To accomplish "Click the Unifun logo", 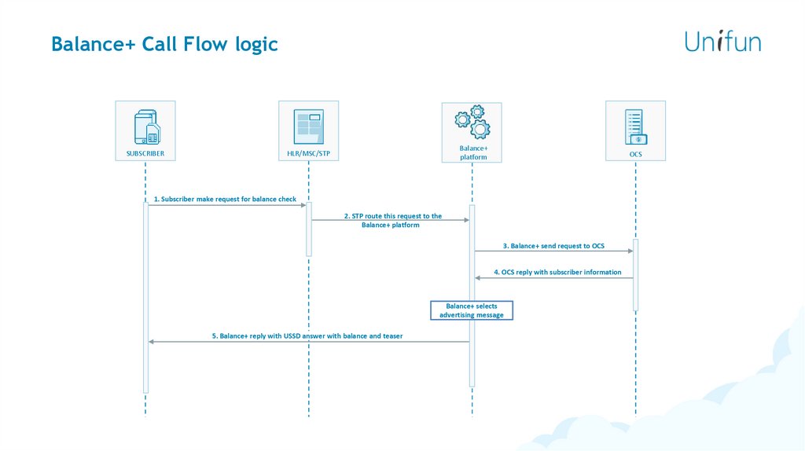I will click(722, 41).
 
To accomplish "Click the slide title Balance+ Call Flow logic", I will click(164, 44).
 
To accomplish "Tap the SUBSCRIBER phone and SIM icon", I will click(145, 124).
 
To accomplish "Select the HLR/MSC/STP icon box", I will click(308, 125).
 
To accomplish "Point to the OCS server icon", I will click(635, 126).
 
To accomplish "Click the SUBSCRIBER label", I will click(145, 154).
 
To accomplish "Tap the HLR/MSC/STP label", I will click(308, 154).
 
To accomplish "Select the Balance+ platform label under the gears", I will click(473, 152).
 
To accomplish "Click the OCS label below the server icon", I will click(635, 154).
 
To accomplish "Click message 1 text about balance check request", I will click(225, 200).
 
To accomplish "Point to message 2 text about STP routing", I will click(391, 220).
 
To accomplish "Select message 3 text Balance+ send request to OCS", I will click(553, 246).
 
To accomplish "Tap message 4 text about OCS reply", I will click(557, 273).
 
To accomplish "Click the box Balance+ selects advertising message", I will click(472, 310).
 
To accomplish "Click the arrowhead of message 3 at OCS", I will click(630, 251).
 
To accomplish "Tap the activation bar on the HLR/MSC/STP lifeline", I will click(309, 229).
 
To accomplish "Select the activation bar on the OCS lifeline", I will click(635, 275).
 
